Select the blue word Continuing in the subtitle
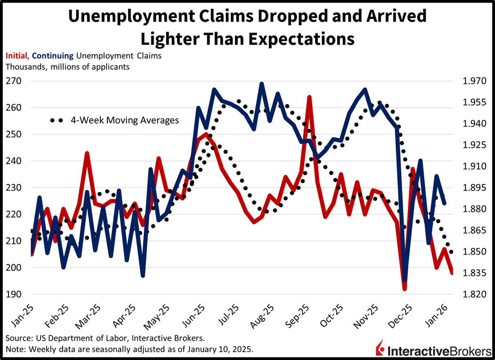(x=53, y=56)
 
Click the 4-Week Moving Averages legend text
(x=124, y=120)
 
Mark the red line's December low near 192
(x=404, y=289)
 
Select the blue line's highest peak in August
(x=262, y=84)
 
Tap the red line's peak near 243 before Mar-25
(x=87, y=153)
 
